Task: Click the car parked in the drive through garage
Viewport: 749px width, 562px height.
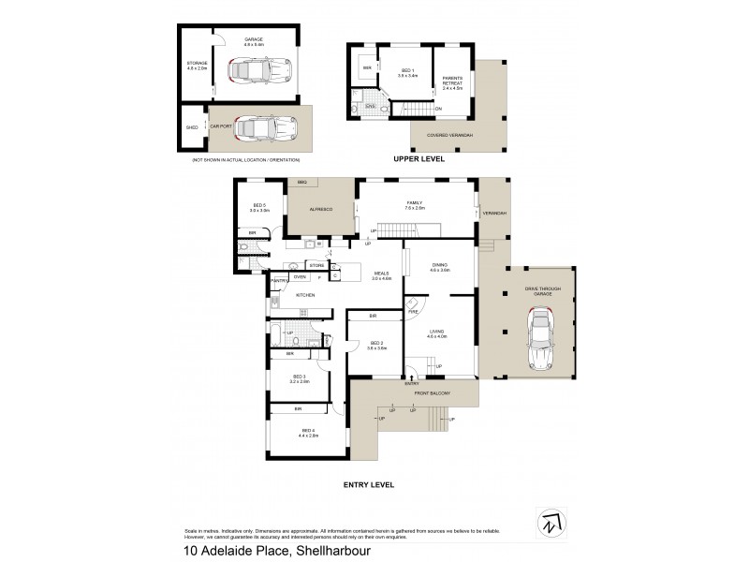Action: [x=542, y=333]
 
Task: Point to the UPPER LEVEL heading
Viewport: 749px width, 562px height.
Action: [x=419, y=159]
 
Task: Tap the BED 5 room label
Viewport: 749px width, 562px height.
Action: [x=259, y=208]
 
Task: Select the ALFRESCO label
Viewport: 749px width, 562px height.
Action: [x=321, y=211]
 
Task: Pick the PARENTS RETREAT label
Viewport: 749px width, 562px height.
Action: [x=453, y=80]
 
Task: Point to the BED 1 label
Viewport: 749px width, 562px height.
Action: [x=406, y=71]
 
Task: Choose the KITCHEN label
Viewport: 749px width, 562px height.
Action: [x=306, y=295]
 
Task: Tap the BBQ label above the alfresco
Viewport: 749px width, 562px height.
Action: [x=302, y=182]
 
